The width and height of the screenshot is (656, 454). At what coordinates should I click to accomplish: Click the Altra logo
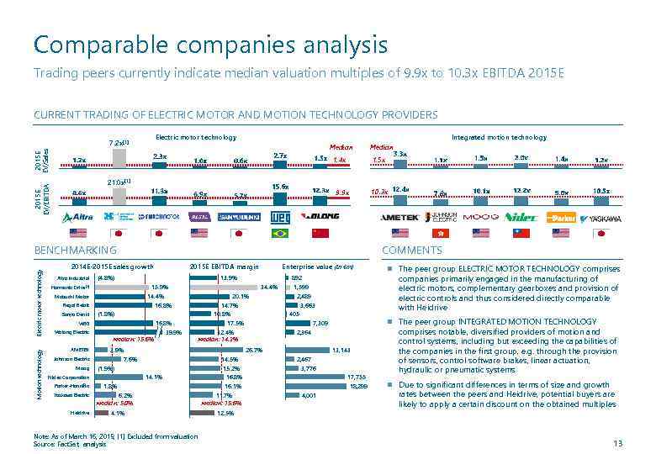coord(79,217)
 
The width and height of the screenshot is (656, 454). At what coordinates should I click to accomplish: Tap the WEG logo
coord(280,216)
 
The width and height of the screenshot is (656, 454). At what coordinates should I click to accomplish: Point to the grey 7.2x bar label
coord(119,142)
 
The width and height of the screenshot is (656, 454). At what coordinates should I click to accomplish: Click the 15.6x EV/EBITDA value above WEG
coord(280,187)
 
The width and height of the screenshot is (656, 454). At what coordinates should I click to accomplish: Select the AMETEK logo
coord(394,217)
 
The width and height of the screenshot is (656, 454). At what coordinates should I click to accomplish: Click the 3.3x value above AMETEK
coord(399,154)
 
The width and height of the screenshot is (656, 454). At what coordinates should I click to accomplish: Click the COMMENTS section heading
coord(410,251)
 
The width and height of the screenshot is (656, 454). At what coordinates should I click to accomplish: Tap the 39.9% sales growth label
coord(174,332)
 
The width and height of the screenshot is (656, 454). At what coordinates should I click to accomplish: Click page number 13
coord(619,443)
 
